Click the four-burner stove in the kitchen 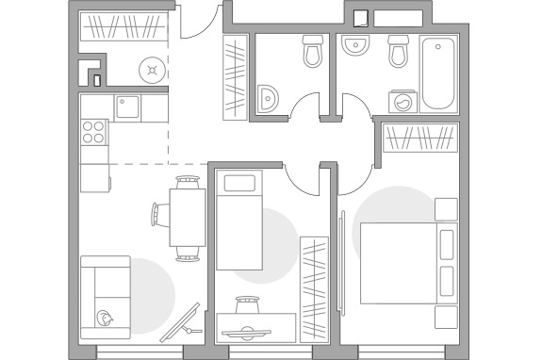click(93, 132)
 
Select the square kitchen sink click(128, 107)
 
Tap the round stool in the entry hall click(151, 69)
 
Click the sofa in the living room click(105, 297)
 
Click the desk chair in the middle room click(248, 305)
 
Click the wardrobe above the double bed click(420, 139)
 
